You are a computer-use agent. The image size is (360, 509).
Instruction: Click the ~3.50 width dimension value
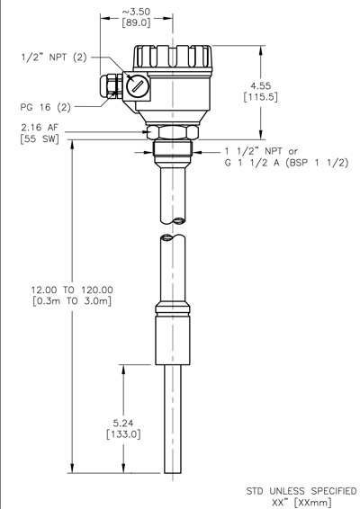click(x=136, y=12)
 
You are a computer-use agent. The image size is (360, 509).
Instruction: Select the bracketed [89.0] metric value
click(x=136, y=23)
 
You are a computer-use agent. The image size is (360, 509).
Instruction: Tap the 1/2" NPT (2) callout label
click(x=54, y=58)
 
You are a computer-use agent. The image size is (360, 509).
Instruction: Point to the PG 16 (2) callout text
click(x=46, y=107)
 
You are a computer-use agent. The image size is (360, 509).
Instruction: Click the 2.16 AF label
click(x=40, y=127)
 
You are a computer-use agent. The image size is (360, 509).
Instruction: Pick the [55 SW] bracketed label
click(x=40, y=138)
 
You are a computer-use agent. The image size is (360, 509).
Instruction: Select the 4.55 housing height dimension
click(x=260, y=85)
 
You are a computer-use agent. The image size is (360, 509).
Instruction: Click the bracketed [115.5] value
click(x=261, y=97)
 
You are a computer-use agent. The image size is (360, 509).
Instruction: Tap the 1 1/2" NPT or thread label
click(x=261, y=151)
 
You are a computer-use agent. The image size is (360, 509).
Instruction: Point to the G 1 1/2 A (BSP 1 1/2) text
click(x=286, y=163)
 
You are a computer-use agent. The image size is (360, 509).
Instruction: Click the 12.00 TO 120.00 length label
click(x=72, y=290)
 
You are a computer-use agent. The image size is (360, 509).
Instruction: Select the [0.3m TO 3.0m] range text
click(x=72, y=301)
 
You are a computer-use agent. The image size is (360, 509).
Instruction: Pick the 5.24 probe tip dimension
click(x=123, y=423)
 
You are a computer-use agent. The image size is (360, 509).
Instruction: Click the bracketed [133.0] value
click(x=123, y=434)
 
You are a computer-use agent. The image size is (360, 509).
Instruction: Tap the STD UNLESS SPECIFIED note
click(x=301, y=491)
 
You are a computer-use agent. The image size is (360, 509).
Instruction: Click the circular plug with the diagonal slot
click(x=138, y=85)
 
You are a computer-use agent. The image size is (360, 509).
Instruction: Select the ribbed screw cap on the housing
click(x=173, y=58)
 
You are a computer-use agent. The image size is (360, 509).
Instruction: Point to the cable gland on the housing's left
click(x=112, y=85)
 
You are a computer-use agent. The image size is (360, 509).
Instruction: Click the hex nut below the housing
click(x=173, y=132)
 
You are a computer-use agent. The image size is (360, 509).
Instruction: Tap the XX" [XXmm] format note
click(x=301, y=503)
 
